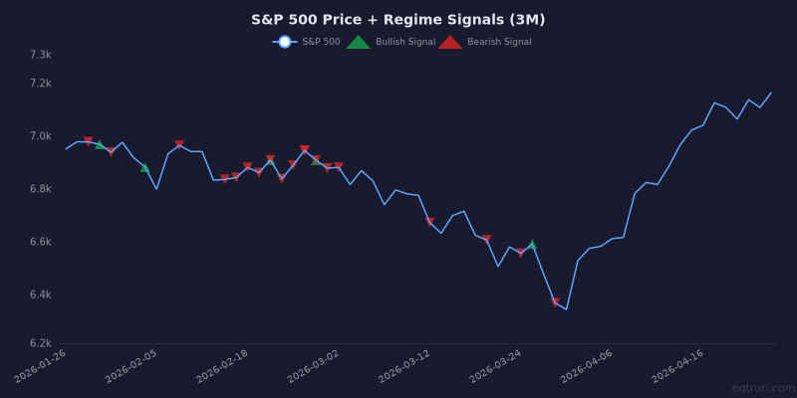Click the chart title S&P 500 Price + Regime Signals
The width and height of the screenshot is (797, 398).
[398, 20]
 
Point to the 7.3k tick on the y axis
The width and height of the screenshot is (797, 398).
[40, 55]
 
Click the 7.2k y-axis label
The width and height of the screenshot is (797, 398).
[40, 83]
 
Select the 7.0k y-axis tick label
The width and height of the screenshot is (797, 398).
[40, 136]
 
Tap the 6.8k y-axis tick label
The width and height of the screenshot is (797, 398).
[40, 189]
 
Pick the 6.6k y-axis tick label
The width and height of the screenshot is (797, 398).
[40, 242]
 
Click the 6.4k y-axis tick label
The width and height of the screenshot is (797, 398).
[40, 295]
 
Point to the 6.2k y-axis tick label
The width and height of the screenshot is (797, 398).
[40, 343]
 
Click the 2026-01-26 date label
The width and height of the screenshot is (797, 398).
[41, 366]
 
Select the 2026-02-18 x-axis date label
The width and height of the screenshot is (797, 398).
[223, 366]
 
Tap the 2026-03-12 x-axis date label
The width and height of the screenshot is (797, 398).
[405, 366]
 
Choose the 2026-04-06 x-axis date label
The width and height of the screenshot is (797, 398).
[588, 366]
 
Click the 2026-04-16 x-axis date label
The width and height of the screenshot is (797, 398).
[678, 366]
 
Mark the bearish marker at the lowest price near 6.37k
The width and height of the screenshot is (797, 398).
[555, 302]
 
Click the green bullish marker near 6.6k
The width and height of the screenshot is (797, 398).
[532, 244]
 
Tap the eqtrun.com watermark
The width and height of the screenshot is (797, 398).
[763, 388]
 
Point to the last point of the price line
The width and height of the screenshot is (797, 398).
[771, 93]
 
